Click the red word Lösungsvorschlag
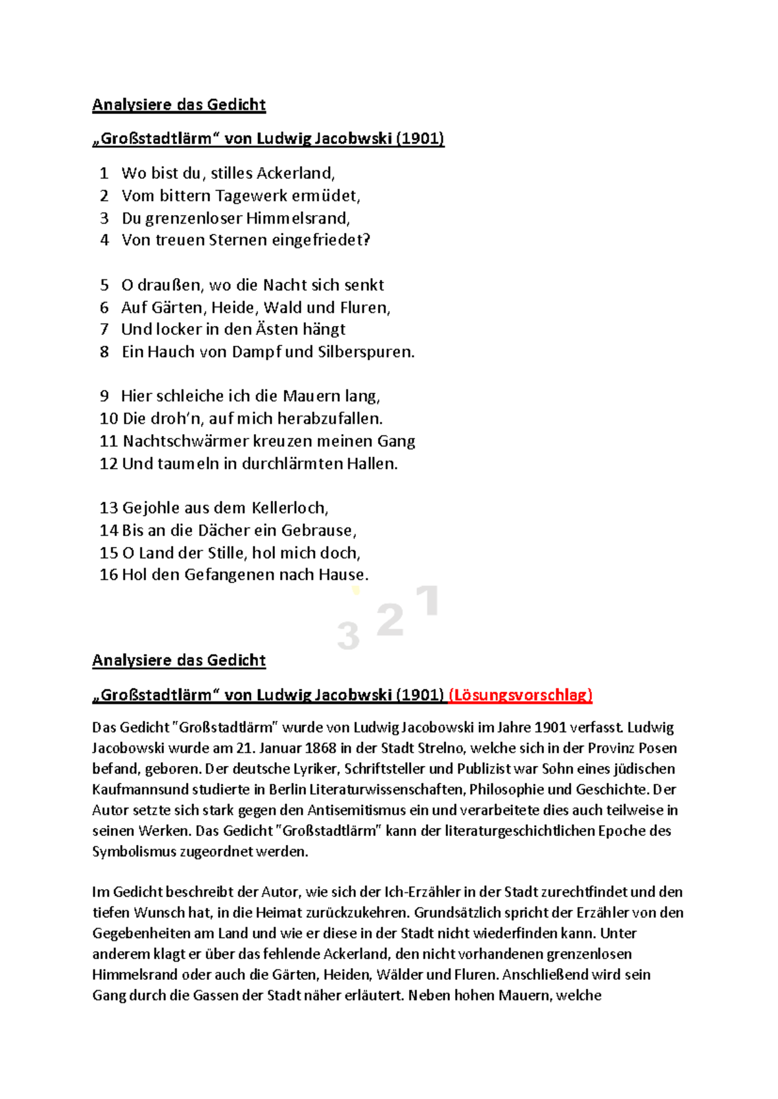pos(521,695)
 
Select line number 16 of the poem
pos(108,575)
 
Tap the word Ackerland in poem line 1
pos(295,173)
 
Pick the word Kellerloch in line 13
pos(289,508)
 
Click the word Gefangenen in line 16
pos(229,575)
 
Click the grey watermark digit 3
pos(348,636)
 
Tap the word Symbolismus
pos(133,851)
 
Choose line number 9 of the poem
pos(104,396)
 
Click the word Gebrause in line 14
pos(318,531)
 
